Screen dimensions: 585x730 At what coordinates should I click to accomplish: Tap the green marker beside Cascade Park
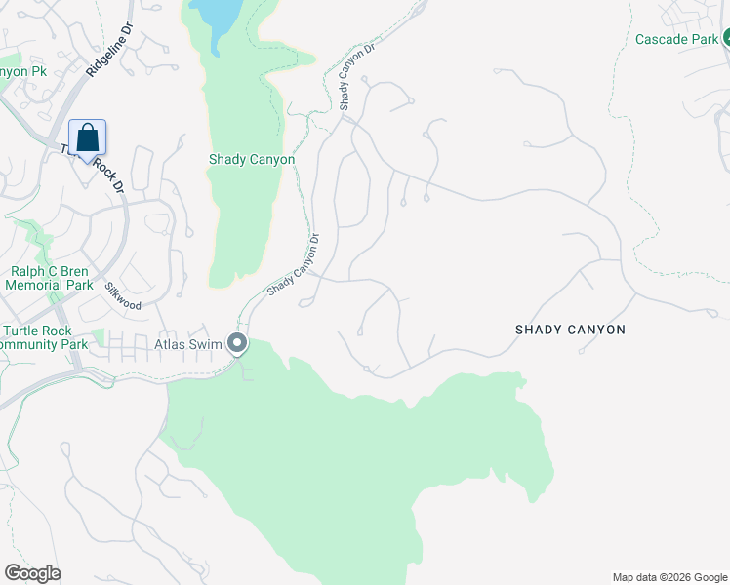coord(726,39)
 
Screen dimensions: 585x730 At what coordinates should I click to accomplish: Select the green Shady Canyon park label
coord(252,159)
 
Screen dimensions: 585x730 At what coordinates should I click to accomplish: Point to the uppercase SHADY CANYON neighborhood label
coord(570,330)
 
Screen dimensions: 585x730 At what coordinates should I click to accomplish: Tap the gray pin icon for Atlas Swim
coord(237,343)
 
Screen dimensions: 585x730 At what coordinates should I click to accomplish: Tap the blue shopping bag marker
coord(87,138)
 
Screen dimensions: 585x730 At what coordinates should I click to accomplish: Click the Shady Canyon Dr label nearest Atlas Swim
coord(294,265)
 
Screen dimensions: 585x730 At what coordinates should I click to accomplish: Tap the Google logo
coord(32,573)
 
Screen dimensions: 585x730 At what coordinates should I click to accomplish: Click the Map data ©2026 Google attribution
coord(669,577)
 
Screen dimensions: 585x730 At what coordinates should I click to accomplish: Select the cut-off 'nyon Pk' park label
coord(24,72)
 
